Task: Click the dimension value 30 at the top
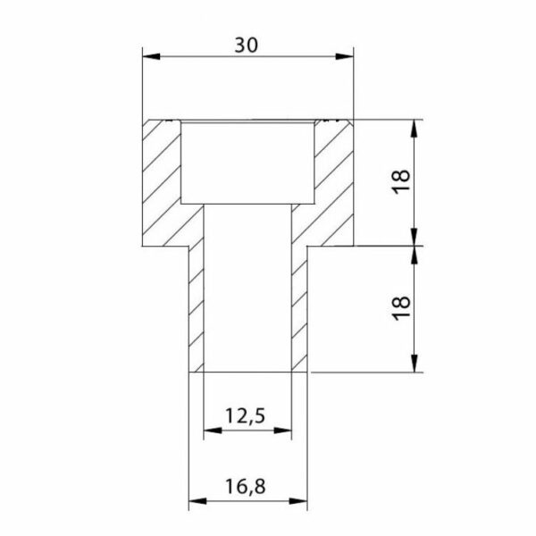(247, 45)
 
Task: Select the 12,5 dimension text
(245, 416)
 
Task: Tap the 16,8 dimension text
(246, 486)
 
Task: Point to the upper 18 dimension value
(402, 181)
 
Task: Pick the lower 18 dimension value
(402, 307)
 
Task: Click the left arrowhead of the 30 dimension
(152, 56)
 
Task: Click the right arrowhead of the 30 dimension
(345, 56)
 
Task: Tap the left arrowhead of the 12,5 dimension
(213, 431)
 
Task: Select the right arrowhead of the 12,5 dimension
(282, 431)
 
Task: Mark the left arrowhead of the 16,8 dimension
(198, 501)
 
